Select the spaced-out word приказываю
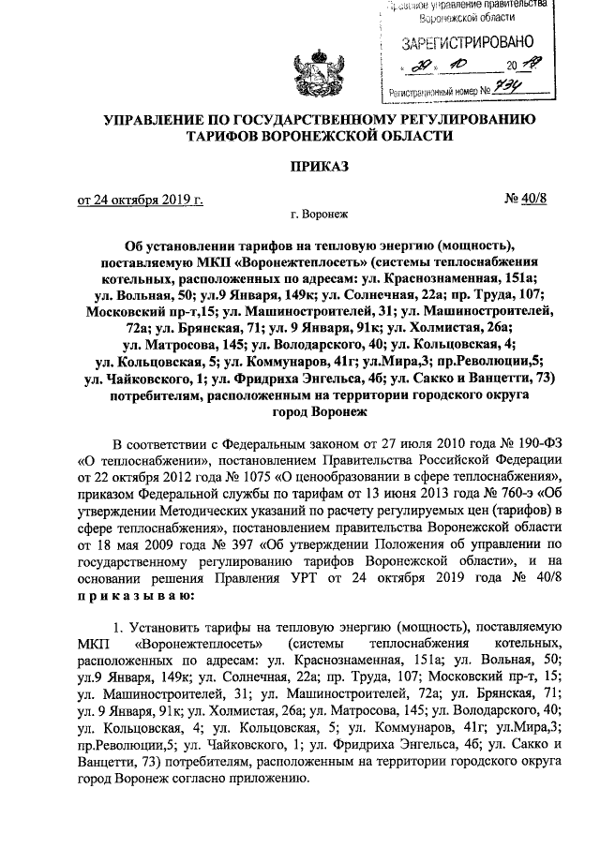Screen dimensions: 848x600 136,595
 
